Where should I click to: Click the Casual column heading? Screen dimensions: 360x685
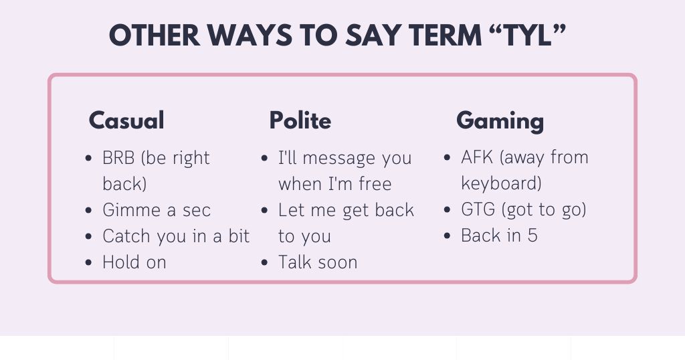pos(126,120)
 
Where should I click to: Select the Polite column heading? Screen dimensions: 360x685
pos(300,120)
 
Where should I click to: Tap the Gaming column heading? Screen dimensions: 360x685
pos(500,120)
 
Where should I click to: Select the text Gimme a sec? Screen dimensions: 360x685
pos(157,210)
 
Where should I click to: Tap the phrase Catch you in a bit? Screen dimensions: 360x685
pos(176,236)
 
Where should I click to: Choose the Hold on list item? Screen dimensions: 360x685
pos(134,262)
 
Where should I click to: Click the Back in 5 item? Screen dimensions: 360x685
pos(499,236)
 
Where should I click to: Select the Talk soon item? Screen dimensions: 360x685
pos(318,262)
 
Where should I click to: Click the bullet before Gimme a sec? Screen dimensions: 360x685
pos(89,211)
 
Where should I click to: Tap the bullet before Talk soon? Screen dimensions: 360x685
pos(265,263)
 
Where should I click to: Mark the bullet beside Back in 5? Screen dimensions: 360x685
pos(448,236)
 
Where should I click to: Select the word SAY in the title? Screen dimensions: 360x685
pos(376,35)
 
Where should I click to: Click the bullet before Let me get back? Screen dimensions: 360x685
pos(265,211)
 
